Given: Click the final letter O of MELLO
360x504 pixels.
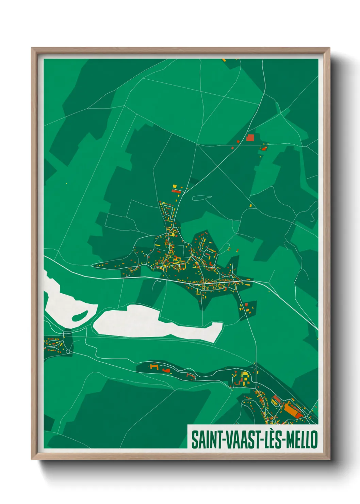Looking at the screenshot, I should click(x=314, y=440).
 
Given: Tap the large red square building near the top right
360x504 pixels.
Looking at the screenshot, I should click(x=250, y=138).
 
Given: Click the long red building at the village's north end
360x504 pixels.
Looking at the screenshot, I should click(x=177, y=191).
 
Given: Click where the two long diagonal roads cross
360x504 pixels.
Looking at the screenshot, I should click(x=218, y=167).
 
